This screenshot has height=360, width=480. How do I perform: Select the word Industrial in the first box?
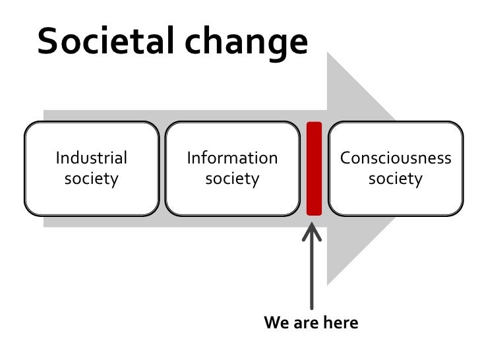click(x=92, y=158)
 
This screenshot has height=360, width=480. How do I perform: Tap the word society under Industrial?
click(x=92, y=178)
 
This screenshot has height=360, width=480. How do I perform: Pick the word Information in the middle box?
click(x=232, y=158)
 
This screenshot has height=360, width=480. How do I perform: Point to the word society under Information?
click(x=232, y=178)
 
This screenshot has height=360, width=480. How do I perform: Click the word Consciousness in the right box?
click(x=396, y=158)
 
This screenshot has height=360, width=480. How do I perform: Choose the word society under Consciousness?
click(x=396, y=178)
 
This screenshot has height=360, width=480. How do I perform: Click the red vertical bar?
click(x=315, y=168)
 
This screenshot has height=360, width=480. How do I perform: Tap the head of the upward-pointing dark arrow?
click(x=312, y=232)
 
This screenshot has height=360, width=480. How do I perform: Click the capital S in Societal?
click(x=48, y=42)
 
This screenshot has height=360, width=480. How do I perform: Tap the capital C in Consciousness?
click(x=345, y=158)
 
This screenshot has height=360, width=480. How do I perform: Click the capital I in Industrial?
click(x=58, y=158)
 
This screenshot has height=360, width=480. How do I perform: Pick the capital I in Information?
click(x=189, y=158)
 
